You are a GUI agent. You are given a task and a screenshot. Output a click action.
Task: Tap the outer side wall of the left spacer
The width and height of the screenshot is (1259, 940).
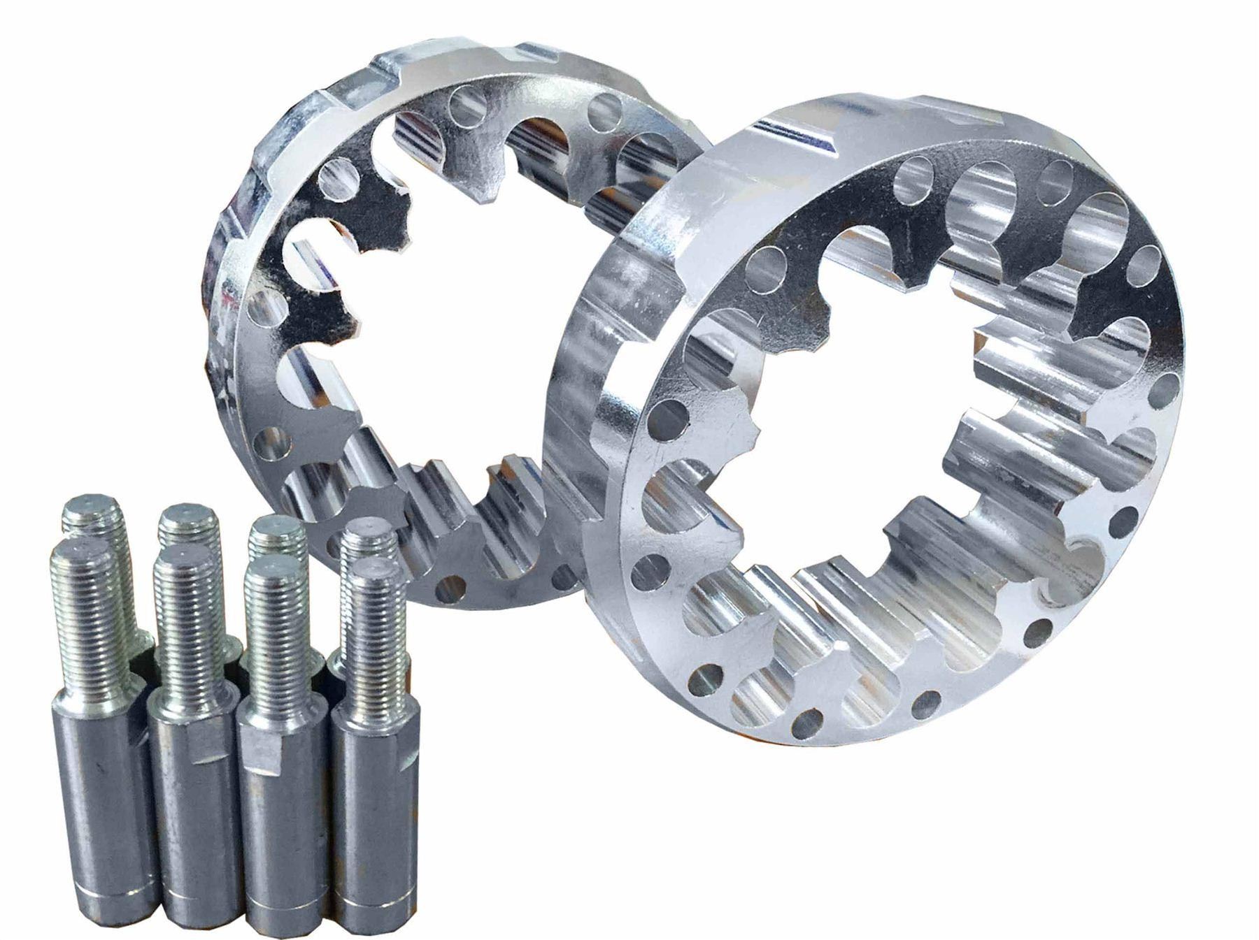click(231, 280)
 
